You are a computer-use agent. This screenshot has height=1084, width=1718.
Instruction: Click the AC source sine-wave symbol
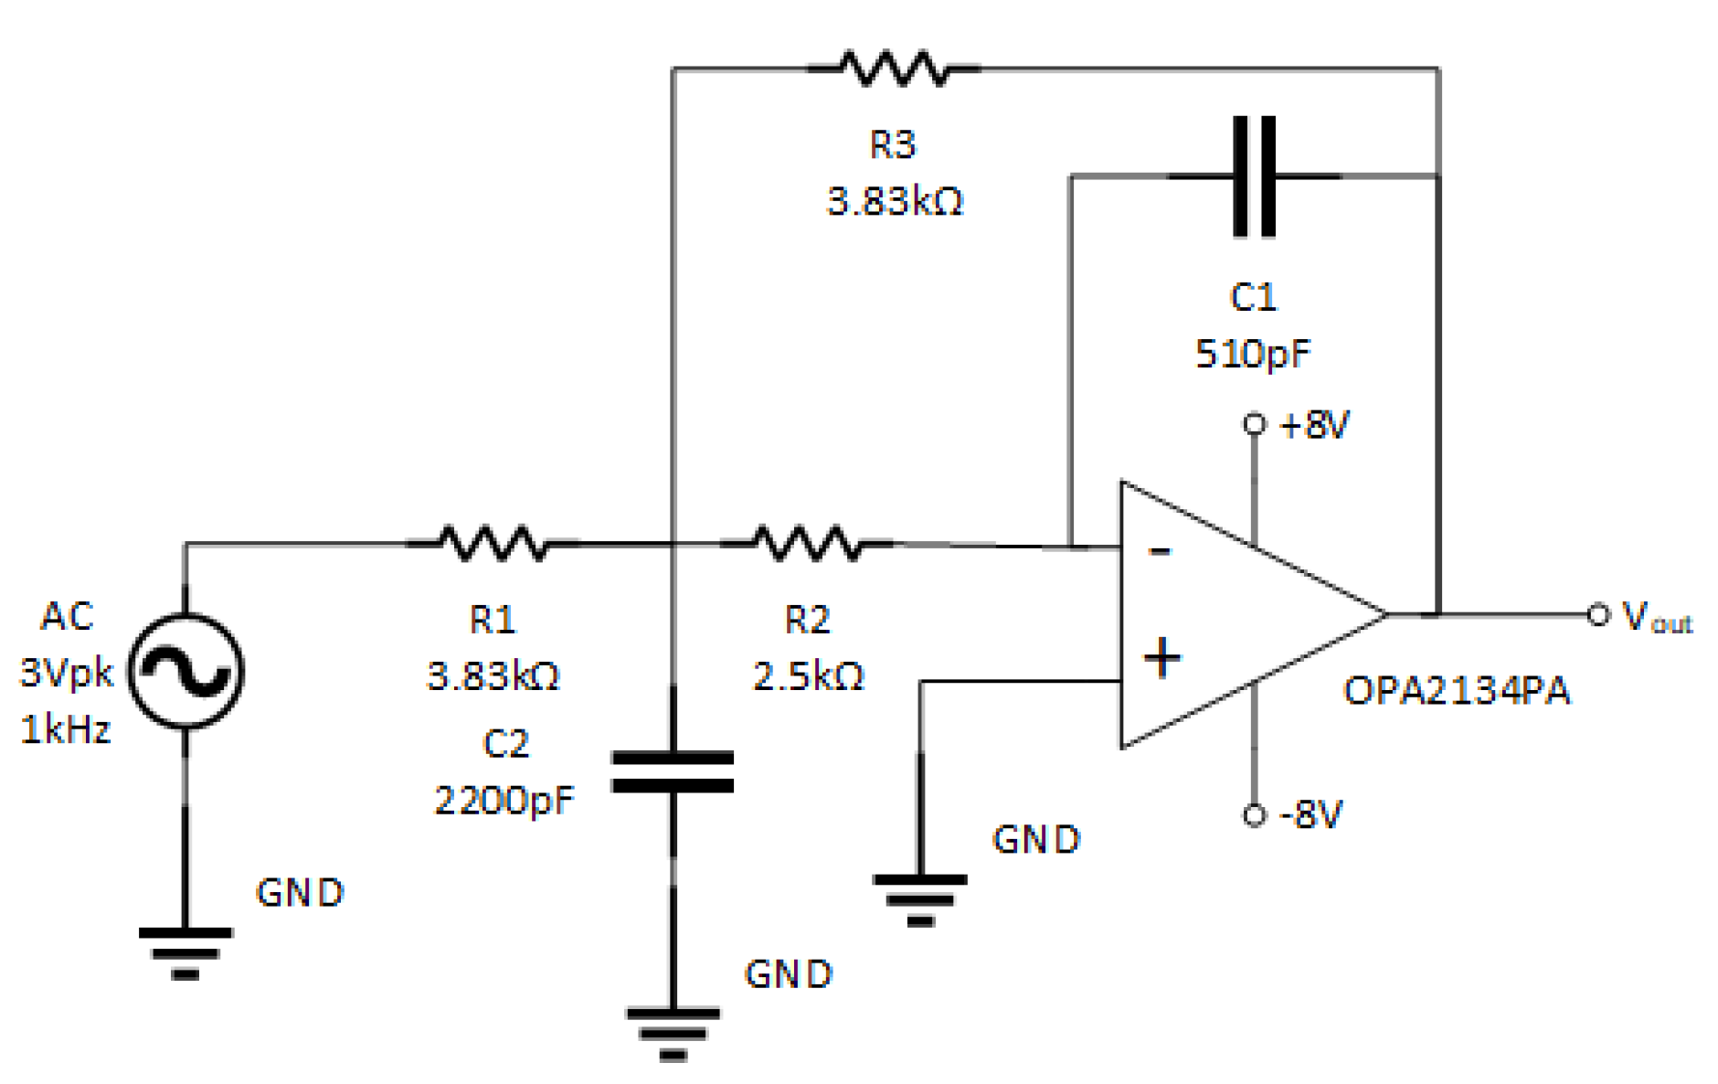(186, 672)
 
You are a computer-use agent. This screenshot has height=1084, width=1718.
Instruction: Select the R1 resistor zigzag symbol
(493, 543)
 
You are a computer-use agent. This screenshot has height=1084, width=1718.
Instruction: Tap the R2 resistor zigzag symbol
(806, 543)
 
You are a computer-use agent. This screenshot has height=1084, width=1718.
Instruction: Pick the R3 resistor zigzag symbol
(894, 69)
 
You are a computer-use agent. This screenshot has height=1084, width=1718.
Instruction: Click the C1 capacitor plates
(1254, 176)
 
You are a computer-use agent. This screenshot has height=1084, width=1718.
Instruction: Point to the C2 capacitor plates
(673, 771)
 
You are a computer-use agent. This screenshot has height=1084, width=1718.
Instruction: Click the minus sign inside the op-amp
(1159, 551)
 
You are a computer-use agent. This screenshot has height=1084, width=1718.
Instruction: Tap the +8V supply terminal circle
(1255, 424)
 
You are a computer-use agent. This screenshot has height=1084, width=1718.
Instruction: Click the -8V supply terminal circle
(1255, 814)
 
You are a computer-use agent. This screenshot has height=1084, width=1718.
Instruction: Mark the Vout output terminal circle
(1597, 615)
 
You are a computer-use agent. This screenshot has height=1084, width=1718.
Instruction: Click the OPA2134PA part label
(1456, 691)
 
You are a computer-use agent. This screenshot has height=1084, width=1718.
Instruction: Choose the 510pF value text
(1253, 354)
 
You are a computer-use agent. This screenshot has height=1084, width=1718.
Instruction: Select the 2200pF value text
(504, 801)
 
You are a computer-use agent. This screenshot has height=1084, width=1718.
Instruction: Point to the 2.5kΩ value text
(808, 676)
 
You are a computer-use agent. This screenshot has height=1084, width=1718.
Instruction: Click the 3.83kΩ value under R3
(895, 201)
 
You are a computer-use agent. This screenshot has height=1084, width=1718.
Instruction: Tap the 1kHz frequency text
(66, 729)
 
